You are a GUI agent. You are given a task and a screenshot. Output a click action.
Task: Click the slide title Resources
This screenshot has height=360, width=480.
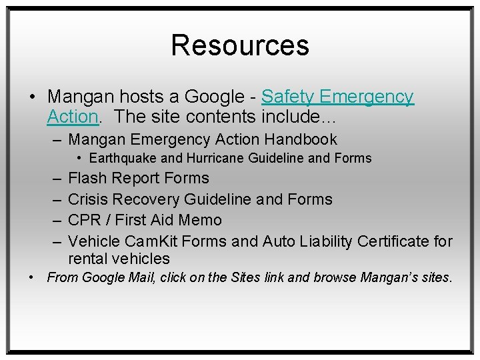point(240,45)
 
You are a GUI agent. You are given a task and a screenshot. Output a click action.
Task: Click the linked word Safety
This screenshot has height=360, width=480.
point(287,97)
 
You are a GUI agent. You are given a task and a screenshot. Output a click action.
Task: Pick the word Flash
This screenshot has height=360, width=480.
point(87,179)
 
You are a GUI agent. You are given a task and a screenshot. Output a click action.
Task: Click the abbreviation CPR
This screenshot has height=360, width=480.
point(84,220)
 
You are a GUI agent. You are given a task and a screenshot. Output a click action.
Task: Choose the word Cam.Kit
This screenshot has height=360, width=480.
point(152,241)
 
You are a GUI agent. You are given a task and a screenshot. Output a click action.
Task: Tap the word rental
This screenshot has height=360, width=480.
point(89,259)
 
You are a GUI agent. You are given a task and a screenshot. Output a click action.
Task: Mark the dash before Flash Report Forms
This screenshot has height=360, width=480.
point(53,179)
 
